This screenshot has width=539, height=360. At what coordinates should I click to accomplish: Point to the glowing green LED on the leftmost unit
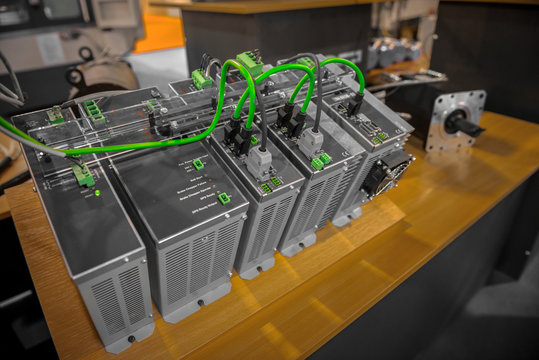[x=96, y=191]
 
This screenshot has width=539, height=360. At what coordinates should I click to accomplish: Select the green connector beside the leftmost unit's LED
[x=84, y=178]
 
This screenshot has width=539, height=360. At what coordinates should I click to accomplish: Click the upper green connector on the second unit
[x=198, y=164]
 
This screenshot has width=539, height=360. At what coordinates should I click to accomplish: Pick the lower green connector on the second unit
[x=224, y=198]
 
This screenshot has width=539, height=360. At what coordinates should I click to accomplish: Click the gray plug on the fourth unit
[x=311, y=141]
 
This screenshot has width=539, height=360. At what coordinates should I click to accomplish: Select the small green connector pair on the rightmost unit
[x=379, y=136]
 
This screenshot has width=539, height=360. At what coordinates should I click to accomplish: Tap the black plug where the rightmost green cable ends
[x=354, y=103]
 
